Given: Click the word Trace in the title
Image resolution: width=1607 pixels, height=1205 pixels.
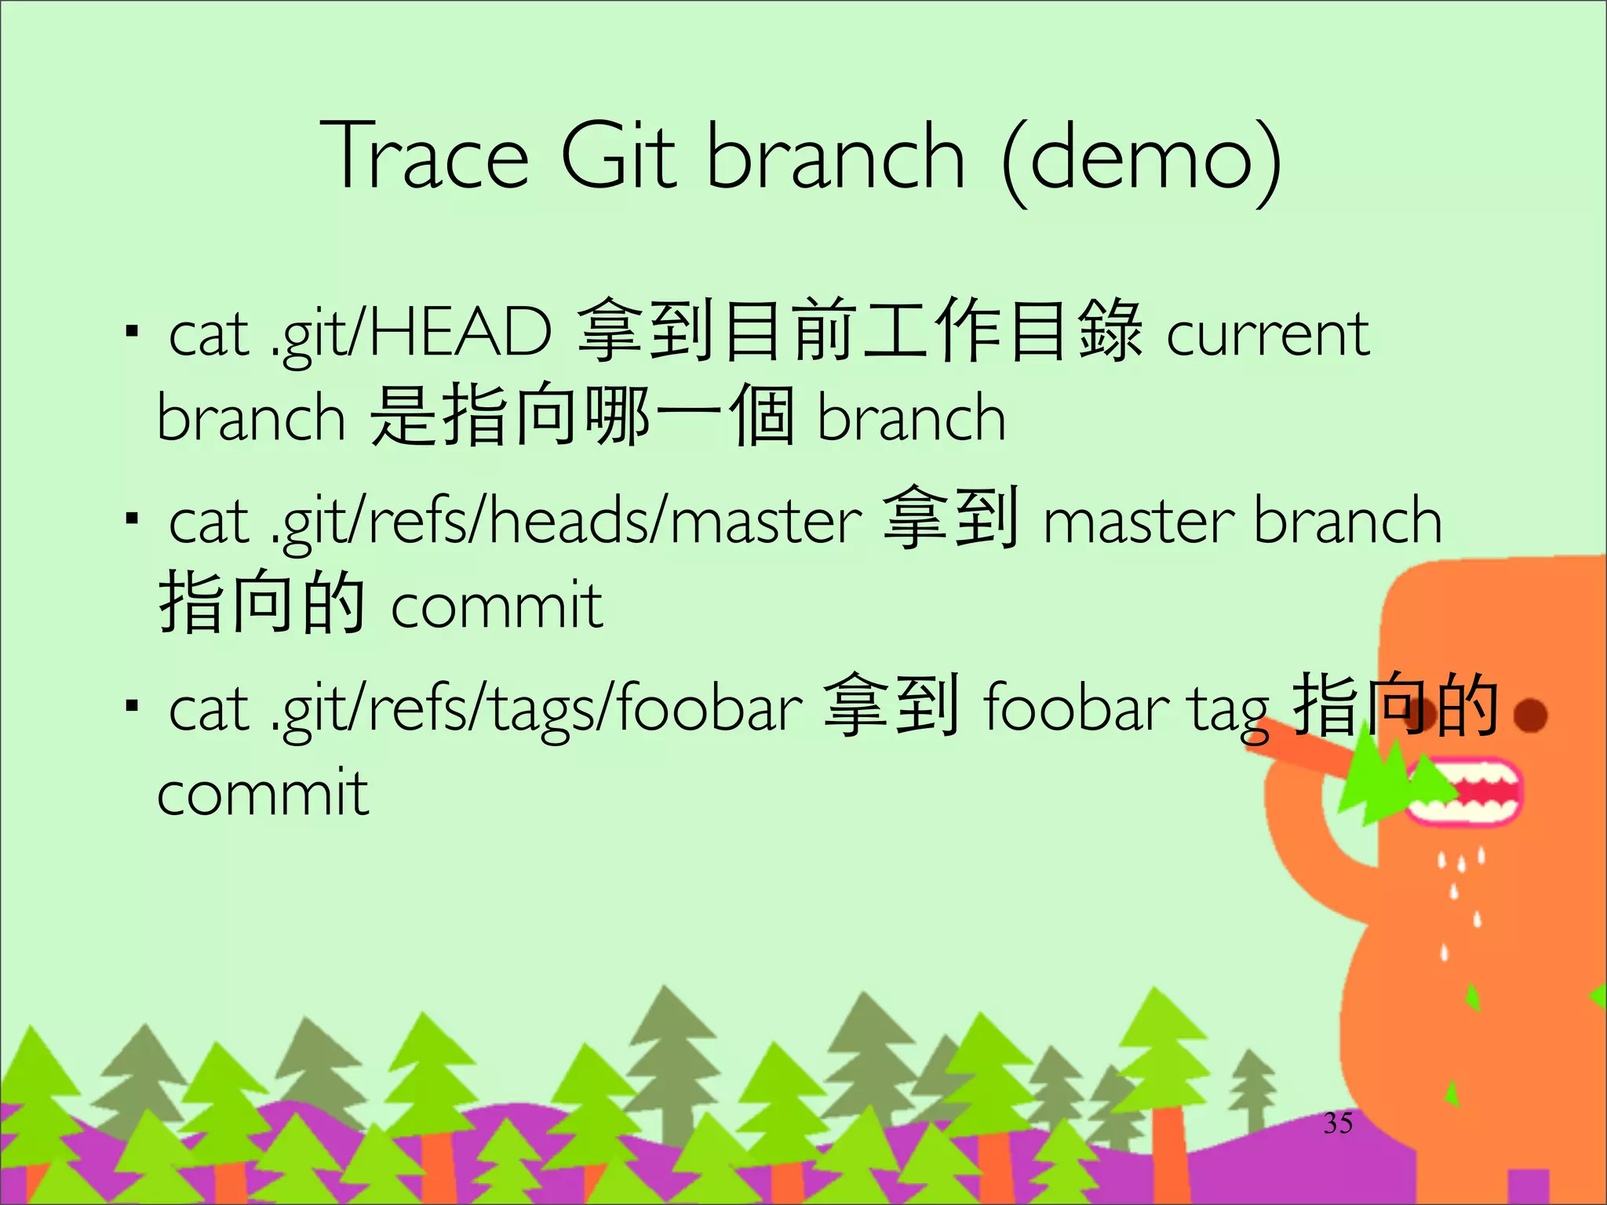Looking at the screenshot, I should (x=425, y=156).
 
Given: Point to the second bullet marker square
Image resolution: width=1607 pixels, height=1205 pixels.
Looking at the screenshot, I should (x=133, y=519).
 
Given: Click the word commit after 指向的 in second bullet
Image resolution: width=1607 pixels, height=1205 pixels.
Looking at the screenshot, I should (x=497, y=606).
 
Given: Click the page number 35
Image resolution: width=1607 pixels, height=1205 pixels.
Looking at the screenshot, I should (x=1338, y=1123).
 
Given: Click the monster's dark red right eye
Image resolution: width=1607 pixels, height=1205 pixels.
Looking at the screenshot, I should (x=1529, y=715).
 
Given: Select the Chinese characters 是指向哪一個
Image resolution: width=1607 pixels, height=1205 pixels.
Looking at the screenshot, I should (x=581, y=416).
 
